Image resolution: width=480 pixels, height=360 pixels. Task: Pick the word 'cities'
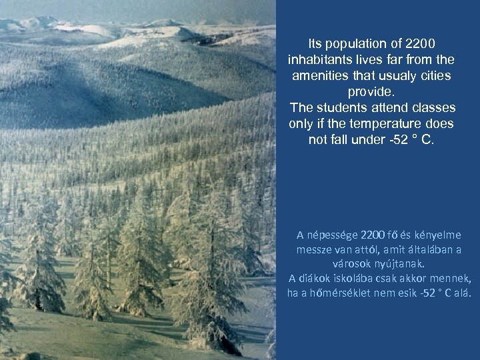tap(433, 76)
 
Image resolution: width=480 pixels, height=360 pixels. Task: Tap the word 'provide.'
tap(371, 92)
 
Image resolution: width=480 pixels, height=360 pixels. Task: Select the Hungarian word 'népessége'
tap(331, 235)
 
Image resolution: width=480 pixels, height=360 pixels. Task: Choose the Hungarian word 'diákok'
tap(315, 279)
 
